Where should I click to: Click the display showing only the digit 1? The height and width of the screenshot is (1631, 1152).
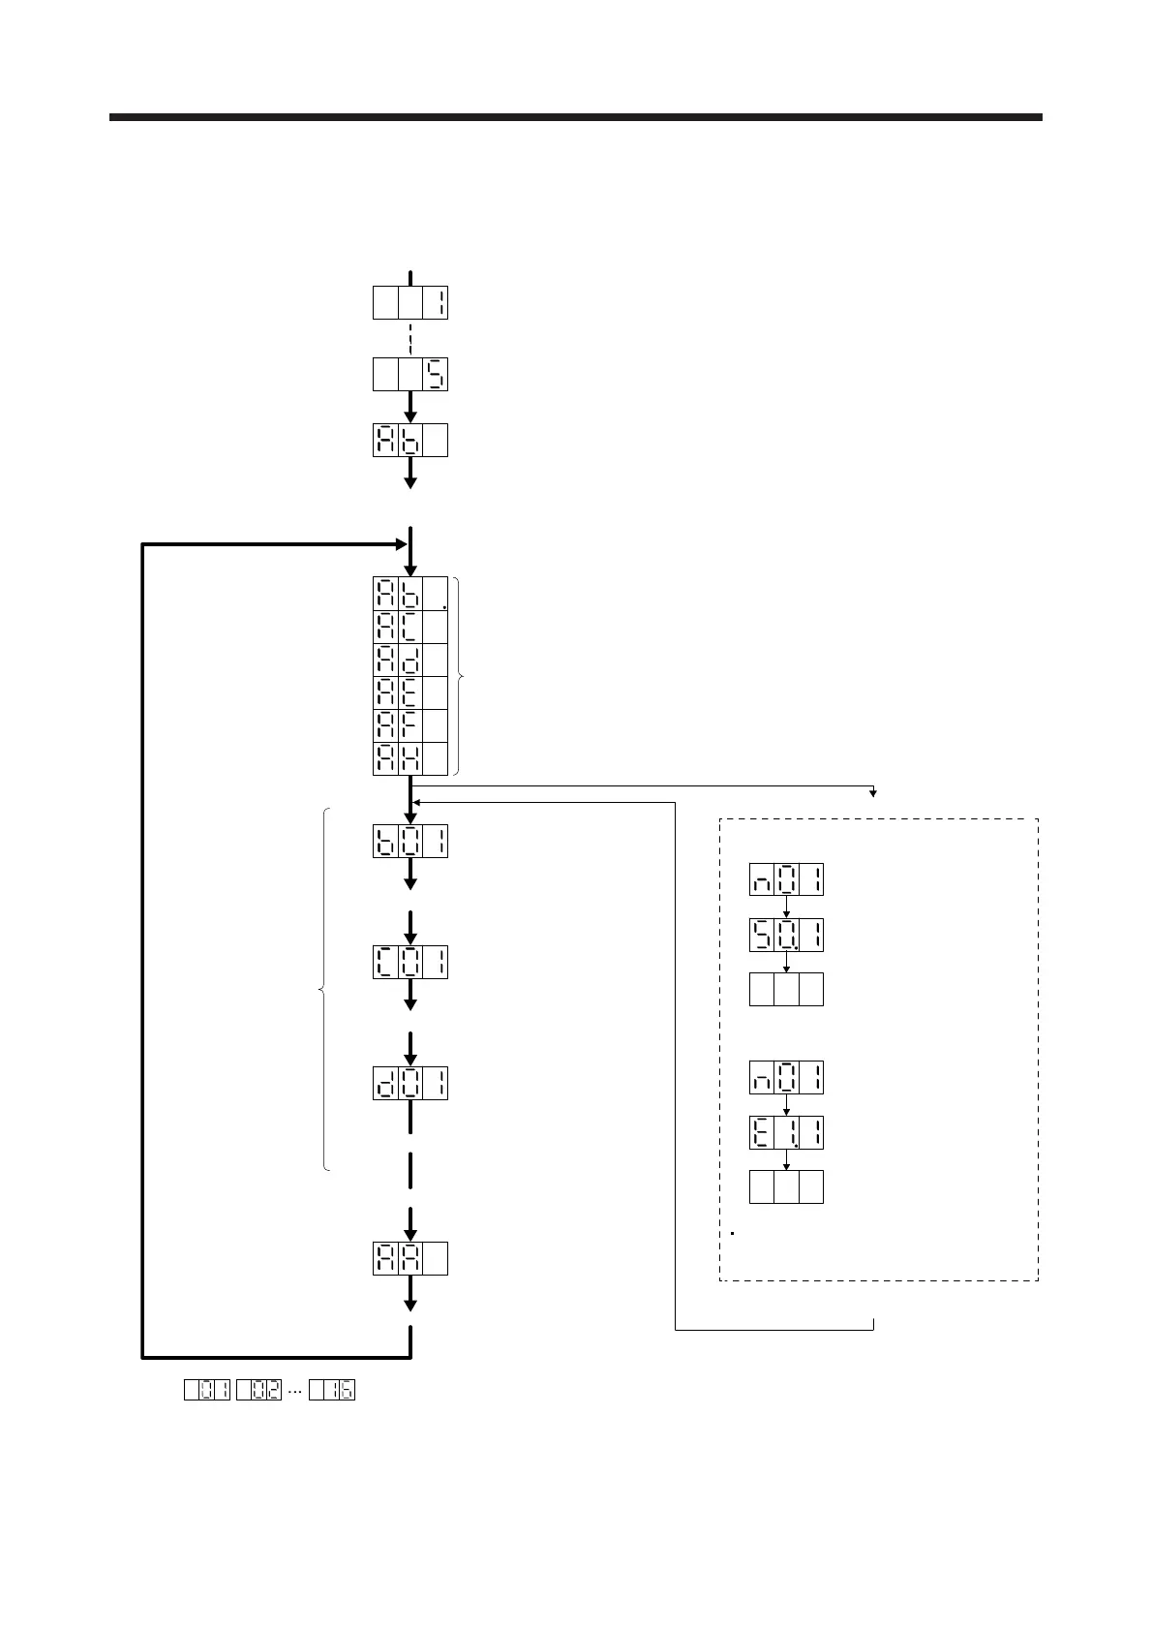tap(410, 303)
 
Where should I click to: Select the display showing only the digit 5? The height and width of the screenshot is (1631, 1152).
tap(410, 375)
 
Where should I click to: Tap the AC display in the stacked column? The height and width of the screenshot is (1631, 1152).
tap(410, 627)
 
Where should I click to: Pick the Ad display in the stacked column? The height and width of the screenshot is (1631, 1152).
tap(410, 660)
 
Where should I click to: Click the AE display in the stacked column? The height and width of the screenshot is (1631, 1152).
tap(410, 692)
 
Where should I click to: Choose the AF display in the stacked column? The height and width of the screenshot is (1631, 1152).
tap(410, 725)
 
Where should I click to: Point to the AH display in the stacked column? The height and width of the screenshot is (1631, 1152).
tap(410, 758)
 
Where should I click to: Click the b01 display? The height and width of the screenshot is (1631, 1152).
tap(410, 841)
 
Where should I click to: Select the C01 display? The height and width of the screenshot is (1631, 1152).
tap(410, 962)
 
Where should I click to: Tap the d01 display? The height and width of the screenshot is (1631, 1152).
tap(410, 1083)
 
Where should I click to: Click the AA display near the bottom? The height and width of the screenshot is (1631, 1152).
tap(410, 1258)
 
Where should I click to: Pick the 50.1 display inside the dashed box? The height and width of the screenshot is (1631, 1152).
tap(786, 935)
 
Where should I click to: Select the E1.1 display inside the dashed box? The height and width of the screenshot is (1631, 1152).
tap(786, 1132)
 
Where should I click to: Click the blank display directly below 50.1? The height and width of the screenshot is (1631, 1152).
tap(786, 990)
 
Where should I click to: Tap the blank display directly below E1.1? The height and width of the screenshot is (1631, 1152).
tap(786, 1187)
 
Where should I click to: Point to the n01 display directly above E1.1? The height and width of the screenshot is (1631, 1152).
tap(786, 1077)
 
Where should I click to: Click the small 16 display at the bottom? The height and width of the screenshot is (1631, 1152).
tap(332, 1390)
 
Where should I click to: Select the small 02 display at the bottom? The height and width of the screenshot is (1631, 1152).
tap(259, 1390)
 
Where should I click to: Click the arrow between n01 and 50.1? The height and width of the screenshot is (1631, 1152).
tap(786, 908)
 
